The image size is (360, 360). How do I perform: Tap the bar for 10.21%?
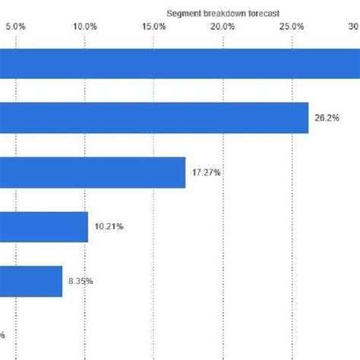click(44, 226)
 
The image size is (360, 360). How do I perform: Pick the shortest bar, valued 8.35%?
click(31, 280)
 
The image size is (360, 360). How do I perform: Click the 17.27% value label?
click(206, 172)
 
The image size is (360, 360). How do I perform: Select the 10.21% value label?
click(109, 226)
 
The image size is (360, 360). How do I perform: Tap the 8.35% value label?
click(81, 281)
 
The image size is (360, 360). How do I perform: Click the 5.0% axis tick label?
click(16, 27)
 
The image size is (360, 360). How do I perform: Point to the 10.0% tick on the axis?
click(85, 27)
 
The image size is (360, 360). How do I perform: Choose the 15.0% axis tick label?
click(154, 27)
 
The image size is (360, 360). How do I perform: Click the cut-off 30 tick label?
click(354, 27)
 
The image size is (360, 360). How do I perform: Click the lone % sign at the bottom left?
click(2, 335)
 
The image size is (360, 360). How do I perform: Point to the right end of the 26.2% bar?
click(308, 118)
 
